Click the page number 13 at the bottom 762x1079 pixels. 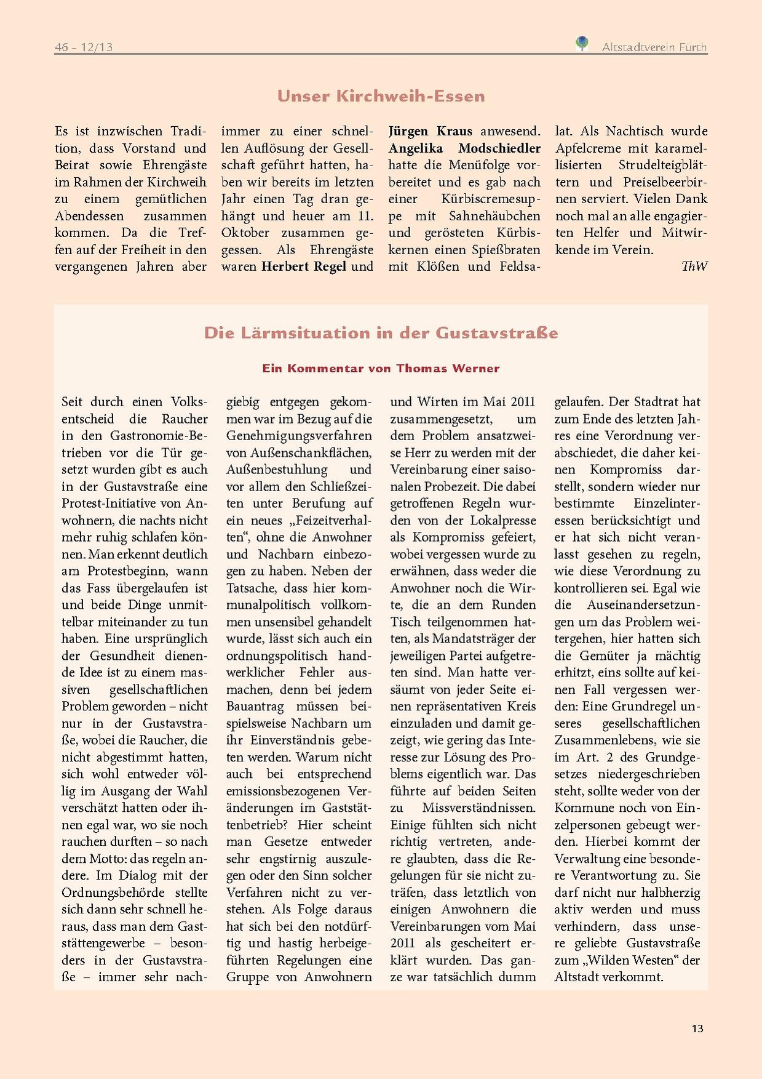click(697, 1029)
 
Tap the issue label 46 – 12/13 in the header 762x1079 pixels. click(84, 47)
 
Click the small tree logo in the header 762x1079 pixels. click(581, 44)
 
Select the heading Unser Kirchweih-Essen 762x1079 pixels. click(381, 96)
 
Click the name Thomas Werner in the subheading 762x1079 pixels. click(448, 368)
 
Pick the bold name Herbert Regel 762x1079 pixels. click(304, 267)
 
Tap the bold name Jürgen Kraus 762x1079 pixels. click(431, 131)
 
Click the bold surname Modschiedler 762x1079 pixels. click(499, 148)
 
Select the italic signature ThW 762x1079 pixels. click(694, 266)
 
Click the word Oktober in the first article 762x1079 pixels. click(245, 233)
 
